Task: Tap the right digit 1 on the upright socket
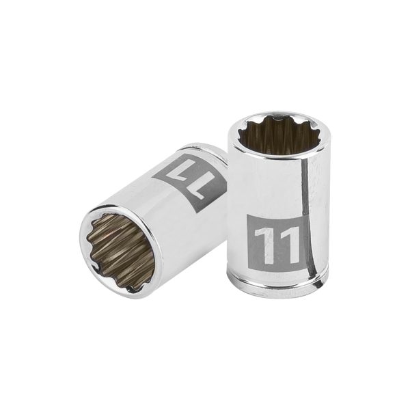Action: click(288, 245)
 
